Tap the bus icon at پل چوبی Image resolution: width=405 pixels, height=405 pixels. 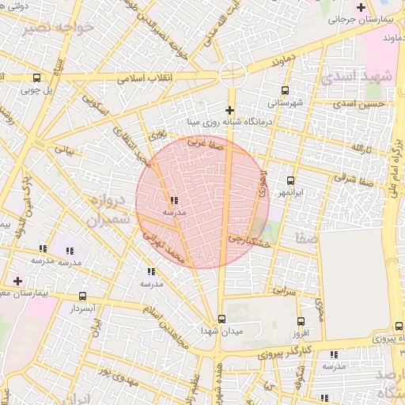click(36, 78)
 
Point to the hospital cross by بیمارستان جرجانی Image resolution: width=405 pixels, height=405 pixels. click(361, 6)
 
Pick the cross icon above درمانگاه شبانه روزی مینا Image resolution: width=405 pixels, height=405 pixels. click(230, 110)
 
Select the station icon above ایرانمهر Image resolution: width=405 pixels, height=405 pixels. click(290, 180)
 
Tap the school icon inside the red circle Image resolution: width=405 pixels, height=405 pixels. click(174, 201)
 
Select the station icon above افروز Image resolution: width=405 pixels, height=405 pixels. click(301, 321)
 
